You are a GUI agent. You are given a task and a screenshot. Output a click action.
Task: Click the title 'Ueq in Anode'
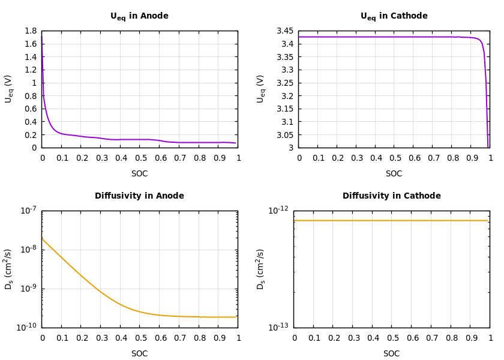point(139,16)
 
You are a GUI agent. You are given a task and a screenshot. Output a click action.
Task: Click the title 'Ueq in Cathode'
point(394,16)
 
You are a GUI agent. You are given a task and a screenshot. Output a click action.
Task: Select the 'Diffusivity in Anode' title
point(139,196)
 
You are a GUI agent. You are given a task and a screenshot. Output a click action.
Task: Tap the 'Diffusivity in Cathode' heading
point(391,196)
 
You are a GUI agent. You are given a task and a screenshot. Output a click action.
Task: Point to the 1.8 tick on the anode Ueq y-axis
point(31,31)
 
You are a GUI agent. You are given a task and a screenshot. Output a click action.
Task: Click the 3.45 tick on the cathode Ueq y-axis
point(285,31)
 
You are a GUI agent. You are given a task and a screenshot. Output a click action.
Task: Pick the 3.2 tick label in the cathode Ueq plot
point(287,96)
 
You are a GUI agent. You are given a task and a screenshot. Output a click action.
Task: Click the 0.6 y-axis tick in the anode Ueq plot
point(31,109)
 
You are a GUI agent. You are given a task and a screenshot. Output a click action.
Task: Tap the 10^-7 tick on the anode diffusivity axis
point(28,210)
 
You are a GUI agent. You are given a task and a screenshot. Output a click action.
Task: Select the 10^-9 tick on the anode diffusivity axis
point(28,288)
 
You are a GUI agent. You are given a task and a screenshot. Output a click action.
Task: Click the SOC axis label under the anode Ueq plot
point(139,174)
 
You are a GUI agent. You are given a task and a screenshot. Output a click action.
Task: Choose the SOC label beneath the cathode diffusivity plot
point(391,354)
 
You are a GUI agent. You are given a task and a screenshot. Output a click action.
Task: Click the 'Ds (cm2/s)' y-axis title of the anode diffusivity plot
point(9,269)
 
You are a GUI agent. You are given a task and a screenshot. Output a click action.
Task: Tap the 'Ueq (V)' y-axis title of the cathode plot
point(261,89)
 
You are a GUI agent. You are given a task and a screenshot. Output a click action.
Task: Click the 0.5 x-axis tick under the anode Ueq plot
point(140,158)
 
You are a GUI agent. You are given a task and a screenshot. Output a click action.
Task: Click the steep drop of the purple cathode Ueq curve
point(486,90)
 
